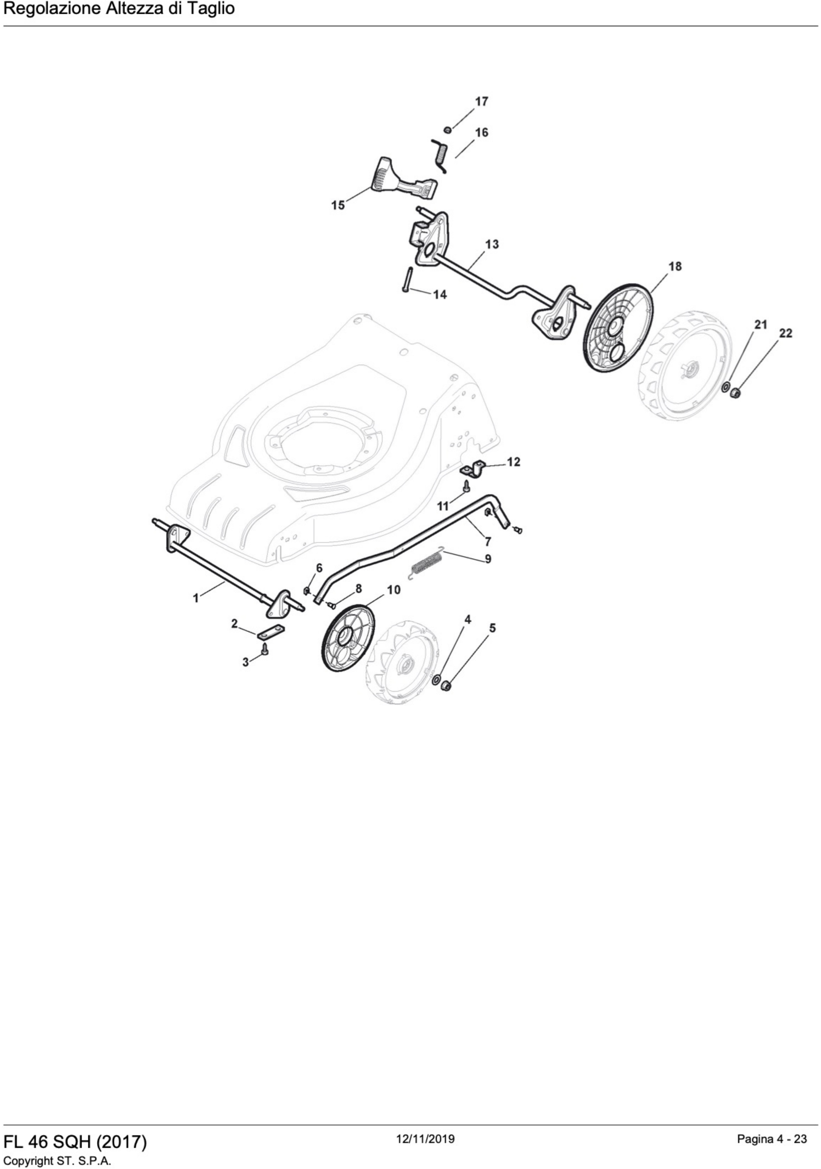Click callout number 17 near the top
481,101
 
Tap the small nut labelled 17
448,129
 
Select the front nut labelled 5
446,687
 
